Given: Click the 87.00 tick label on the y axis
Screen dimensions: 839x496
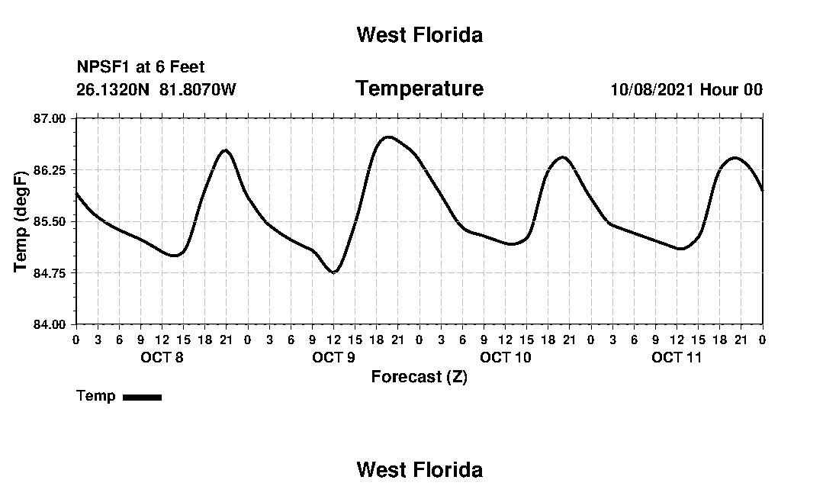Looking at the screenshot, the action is point(50,118).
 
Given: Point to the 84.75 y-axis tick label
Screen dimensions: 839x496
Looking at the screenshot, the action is point(50,273).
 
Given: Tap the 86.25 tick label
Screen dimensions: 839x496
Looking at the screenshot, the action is point(50,170).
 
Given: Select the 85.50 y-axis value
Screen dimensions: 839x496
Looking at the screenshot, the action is point(50,221).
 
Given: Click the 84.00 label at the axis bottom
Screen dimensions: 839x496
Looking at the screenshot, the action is point(50,324).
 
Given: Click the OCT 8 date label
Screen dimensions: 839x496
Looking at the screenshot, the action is point(162,357).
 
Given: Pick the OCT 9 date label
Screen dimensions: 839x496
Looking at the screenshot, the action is point(333,357).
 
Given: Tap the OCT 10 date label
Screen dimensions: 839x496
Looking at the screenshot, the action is point(506,357).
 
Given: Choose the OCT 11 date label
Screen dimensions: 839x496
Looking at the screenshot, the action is point(677,357).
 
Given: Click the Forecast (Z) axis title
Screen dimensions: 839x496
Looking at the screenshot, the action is point(419,377).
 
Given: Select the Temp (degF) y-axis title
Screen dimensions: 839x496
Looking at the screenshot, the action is point(21,221).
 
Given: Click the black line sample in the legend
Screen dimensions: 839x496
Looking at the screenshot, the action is point(143,397).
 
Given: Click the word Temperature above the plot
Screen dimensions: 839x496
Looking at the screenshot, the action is point(419,89).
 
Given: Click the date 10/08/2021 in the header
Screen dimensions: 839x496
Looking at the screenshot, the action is point(652,89).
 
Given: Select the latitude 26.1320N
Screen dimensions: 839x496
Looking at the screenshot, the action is point(113,89).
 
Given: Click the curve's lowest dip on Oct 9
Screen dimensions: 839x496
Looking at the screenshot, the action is point(334,272).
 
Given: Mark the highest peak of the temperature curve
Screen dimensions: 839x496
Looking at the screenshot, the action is point(388,137).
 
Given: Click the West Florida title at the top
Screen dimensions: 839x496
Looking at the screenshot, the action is point(419,35).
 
